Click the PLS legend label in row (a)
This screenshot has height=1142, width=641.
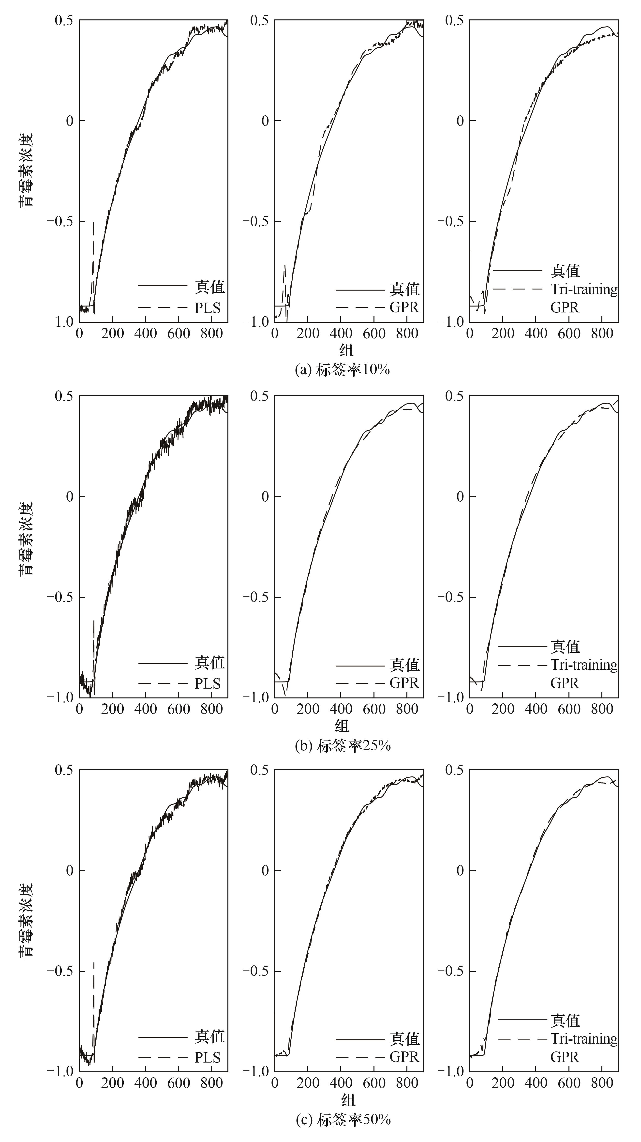click(207, 308)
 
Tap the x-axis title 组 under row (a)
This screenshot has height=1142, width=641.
click(346, 350)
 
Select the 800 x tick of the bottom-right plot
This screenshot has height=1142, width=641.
click(602, 1083)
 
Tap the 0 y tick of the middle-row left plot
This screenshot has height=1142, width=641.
click(70, 496)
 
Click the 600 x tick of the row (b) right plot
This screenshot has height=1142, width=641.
click(569, 709)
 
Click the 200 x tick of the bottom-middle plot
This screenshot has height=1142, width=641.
click(308, 1083)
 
